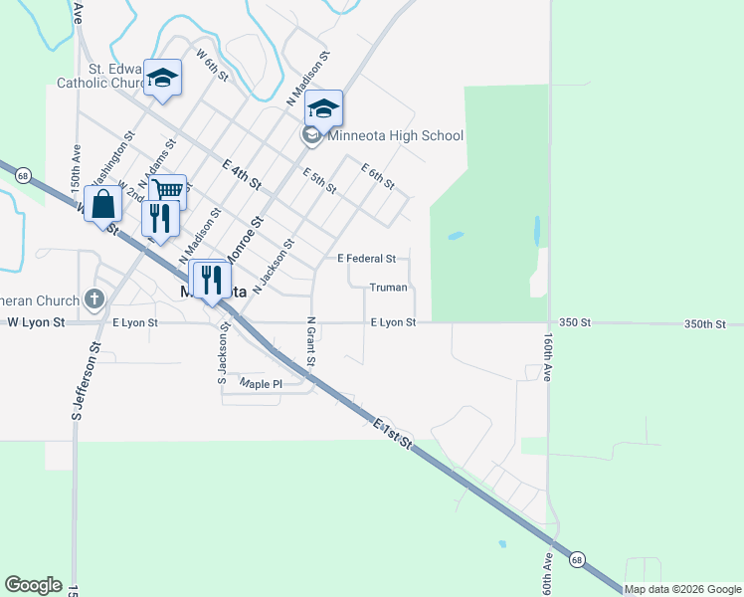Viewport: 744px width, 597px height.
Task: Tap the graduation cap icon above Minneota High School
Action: pyautogui.click(x=323, y=107)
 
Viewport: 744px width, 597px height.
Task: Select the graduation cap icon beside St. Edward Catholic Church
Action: pyautogui.click(x=162, y=78)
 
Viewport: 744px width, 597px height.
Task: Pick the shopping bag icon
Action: pyautogui.click(x=103, y=204)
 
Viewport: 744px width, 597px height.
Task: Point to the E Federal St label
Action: pyautogui.click(x=367, y=259)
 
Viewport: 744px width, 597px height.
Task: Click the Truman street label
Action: pyautogui.click(x=388, y=288)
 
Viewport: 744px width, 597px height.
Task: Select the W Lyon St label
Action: pyautogui.click(x=36, y=322)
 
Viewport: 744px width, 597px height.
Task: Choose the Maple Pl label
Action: pyautogui.click(x=263, y=383)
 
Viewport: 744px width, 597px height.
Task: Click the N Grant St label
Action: pyautogui.click(x=310, y=341)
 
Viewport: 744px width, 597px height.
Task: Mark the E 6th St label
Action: pyautogui.click(x=378, y=177)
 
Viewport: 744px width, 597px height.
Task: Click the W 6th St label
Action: pyautogui.click(x=214, y=66)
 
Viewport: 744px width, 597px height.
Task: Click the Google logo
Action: pyautogui.click(x=33, y=585)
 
